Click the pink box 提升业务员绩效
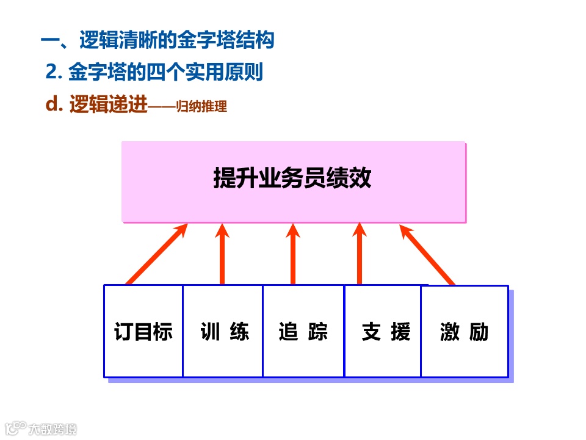[x=293, y=181]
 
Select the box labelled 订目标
[x=143, y=331]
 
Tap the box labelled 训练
[x=223, y=331]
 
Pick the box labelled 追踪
[x=303, y=331]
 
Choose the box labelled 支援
[x=383, y=331]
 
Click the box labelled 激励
[x=465, y=331]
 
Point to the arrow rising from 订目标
[x=156, y=254]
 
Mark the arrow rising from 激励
[x=427, y=254]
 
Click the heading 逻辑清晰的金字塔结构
[x=176, y=41]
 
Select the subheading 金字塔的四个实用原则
[x=165, y=73]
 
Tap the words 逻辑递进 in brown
[x=109, y=105]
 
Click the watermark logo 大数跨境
[x=40, y=428]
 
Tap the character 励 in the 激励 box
[x=479, y=331]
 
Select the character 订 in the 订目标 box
[x=124, y=331]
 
